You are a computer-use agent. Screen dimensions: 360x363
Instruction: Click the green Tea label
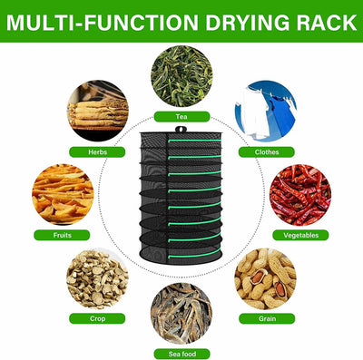coord(181,117)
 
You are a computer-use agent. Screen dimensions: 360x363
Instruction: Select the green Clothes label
coord(267,151)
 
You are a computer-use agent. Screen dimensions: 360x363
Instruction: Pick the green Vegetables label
coord(299,235)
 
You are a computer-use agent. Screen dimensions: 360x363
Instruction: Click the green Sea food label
coord(181,352)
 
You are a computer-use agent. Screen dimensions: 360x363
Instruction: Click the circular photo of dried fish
coord(181,312)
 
